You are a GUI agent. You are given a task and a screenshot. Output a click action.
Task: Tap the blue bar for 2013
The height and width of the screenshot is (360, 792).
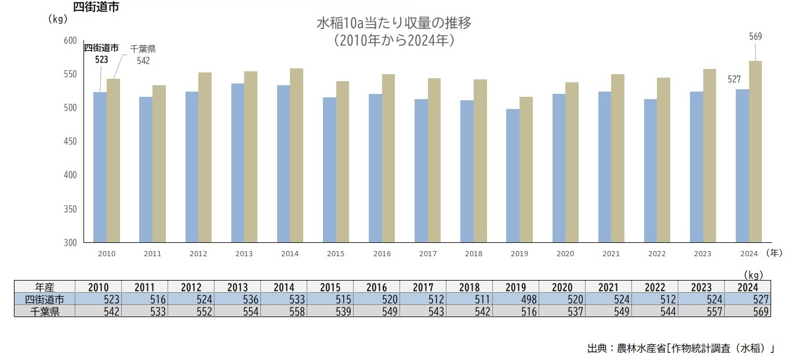tap(238, 163)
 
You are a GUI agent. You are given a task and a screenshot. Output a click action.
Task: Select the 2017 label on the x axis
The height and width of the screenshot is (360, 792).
tap(427, 253)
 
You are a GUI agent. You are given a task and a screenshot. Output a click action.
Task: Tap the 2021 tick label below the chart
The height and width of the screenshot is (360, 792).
tap(611, 253)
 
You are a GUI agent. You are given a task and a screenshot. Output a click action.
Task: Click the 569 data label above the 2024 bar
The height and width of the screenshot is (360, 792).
tap(755, 37)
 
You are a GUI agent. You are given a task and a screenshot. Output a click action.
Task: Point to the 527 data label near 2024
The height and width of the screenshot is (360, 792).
tap(734, 79)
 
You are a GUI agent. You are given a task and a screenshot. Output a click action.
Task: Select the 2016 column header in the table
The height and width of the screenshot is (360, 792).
tap(377, 287)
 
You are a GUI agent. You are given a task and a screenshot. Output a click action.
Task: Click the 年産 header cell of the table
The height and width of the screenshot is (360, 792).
tap(45, 287)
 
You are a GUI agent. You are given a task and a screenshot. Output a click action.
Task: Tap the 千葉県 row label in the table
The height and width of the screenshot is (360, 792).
tap(45, 311)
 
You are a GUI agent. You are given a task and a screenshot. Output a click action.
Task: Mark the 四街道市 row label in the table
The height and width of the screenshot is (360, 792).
tap(45, 299)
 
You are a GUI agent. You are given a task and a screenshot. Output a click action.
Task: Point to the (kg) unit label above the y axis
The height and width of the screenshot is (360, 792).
tap(59, 19)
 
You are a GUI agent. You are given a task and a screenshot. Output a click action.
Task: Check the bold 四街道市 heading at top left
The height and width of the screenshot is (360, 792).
tap(96, 7)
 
